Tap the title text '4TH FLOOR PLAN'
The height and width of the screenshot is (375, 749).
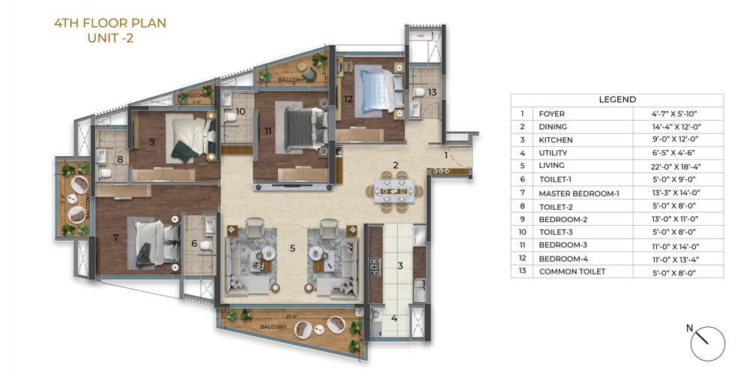tap(110, 23)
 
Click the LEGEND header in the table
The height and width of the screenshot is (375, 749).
tap(617, 99)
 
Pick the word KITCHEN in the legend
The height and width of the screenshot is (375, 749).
tap(556, 139)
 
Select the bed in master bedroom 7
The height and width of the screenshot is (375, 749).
tap(155, 241)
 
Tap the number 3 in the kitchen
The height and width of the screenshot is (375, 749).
tap(400, 265)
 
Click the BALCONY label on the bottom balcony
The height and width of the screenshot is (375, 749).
tap(273, 326)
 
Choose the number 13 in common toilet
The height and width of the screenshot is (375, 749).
tap(432, 92)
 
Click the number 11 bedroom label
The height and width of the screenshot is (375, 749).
tap(267, 130)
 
